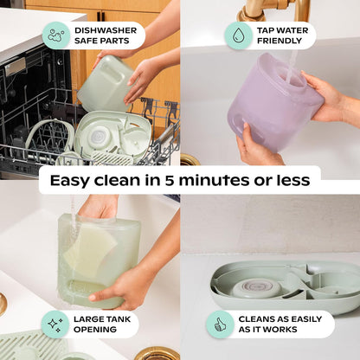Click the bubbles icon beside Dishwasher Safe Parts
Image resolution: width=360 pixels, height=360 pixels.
click(56, 35)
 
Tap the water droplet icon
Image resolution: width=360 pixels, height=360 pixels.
click(238, 35)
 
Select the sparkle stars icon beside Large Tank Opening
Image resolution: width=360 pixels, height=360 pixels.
click(55, 325)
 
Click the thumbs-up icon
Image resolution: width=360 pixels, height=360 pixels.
click(220, 325)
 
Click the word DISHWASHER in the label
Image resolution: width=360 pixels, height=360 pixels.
click(106, 30)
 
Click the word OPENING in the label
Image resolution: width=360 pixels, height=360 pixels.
click(95, 330)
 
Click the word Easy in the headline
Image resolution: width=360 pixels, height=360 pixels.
click(70, 181)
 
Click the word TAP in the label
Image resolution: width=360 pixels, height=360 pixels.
click(265, 30)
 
